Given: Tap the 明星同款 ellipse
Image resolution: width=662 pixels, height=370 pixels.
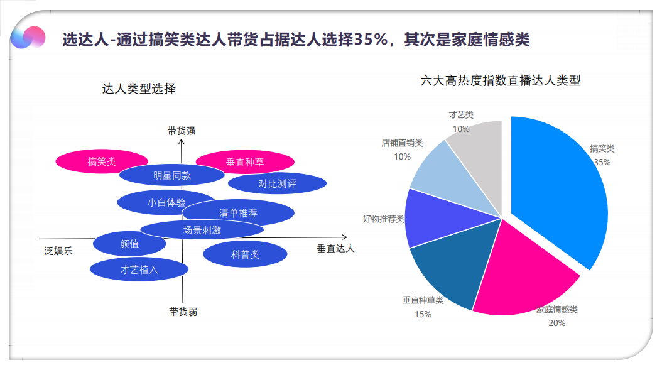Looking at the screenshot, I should [172, 175].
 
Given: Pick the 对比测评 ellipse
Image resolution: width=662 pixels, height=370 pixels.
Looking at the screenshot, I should [277, 184].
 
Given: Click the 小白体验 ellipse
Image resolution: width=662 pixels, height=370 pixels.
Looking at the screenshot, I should [157, 202].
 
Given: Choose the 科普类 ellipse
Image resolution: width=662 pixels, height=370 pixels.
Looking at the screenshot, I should [245, 254].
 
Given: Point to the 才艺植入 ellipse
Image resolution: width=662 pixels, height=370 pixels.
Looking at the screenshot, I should [139, 269].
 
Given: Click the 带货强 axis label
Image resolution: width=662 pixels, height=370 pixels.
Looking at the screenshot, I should [181, 131].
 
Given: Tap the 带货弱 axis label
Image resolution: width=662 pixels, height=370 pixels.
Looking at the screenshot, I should [183, 311].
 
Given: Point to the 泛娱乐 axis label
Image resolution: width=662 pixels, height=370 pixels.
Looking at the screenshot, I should [58, 251].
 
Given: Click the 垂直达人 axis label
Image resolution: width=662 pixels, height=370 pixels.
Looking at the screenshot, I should [335, 248].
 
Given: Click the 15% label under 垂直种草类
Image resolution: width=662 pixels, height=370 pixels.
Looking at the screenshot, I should [423, 314].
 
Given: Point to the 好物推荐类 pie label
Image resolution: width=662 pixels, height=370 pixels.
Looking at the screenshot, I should [383, 219].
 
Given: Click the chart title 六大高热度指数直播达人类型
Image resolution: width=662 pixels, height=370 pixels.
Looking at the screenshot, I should [501, 80].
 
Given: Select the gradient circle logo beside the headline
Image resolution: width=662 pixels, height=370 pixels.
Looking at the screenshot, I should [28, 38].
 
